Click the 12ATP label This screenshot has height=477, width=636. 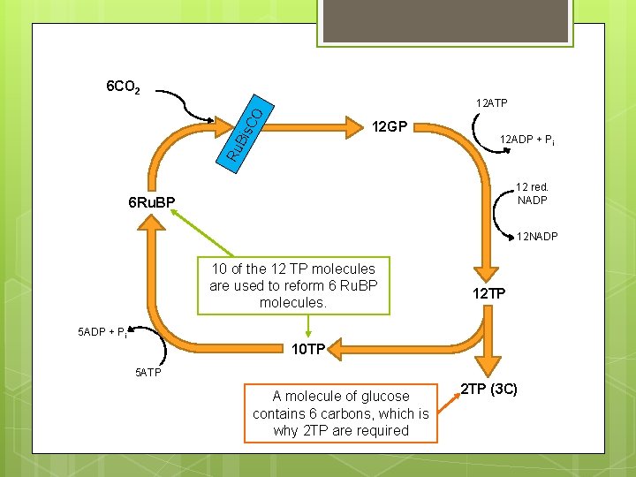(x=491, y=104)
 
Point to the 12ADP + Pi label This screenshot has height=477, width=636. (x=527, y=140)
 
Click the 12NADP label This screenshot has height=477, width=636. (x=537, y=237)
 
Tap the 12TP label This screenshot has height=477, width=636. (x=488, y=292)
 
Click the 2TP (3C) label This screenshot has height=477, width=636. (x=488, y=387)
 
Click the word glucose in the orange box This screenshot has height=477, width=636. (x=382, y=397)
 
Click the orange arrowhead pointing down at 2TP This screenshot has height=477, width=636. (x=488, y=364)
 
